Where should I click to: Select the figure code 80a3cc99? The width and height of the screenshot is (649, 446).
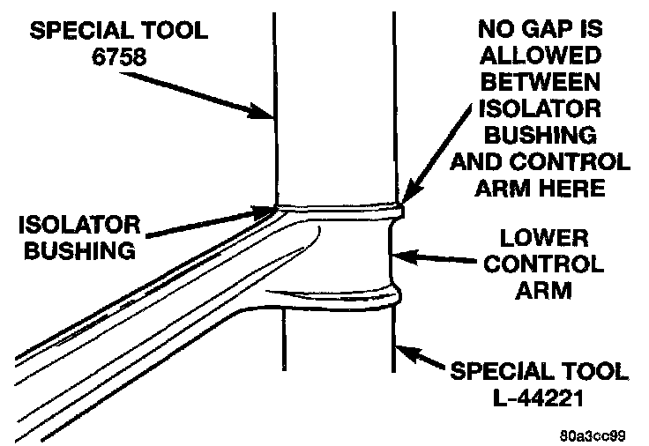click(x=597, y=435)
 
